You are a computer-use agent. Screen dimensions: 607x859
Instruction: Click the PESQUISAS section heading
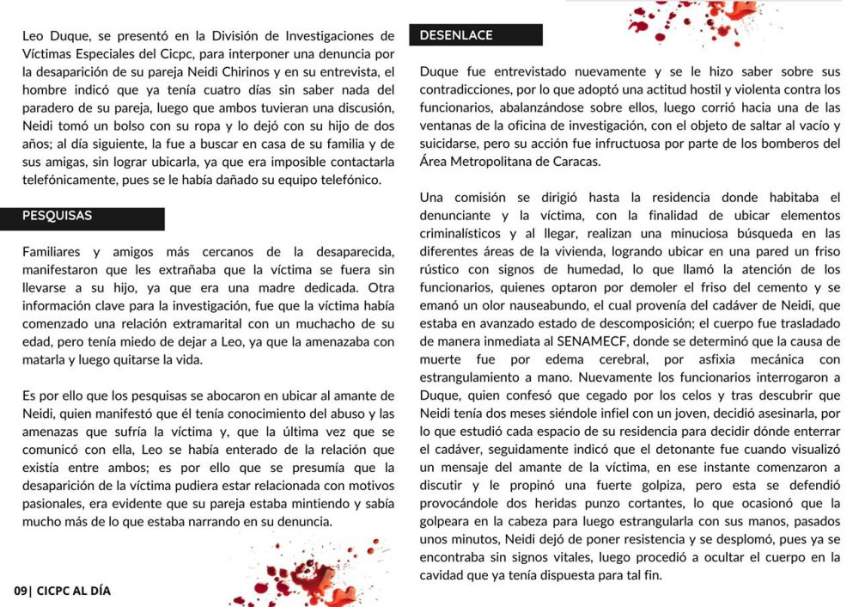coord(57,216)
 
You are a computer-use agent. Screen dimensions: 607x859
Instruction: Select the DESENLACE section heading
coord(456,35)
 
